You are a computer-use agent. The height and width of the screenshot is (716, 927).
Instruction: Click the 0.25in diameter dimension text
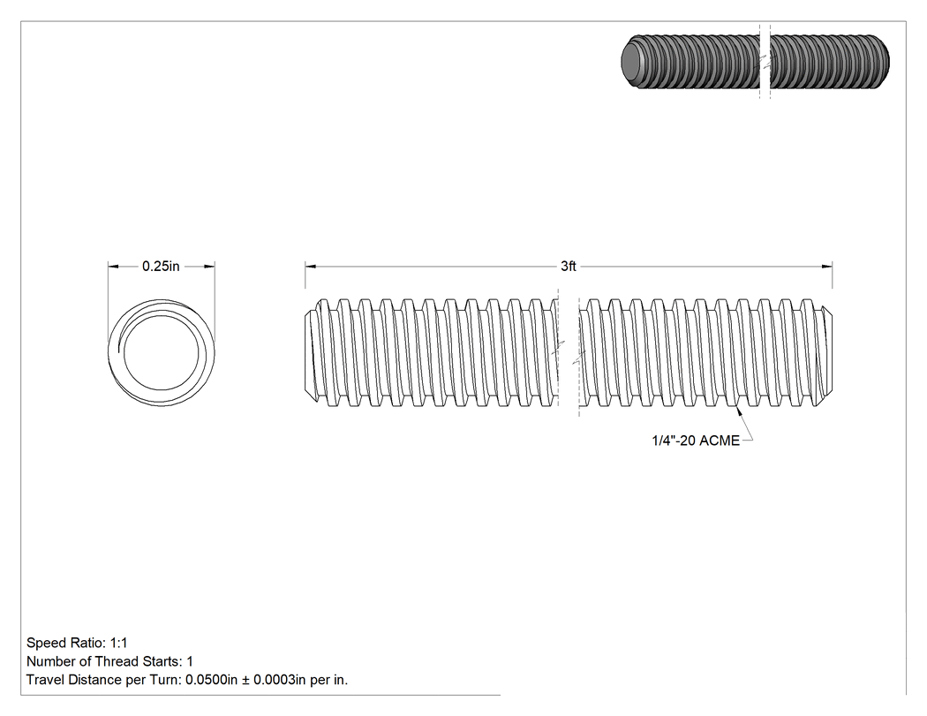pos(161,266)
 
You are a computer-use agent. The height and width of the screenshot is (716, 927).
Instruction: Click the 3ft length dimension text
pos(569,266)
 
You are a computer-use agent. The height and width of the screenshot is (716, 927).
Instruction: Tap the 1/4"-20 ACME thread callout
pos(696,441)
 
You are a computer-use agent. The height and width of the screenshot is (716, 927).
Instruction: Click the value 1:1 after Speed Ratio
pos(118,643)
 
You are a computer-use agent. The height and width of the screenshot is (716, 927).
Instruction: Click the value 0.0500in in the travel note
pos(211,679)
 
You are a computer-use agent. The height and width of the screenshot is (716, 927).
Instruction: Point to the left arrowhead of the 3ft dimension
pos(311,266)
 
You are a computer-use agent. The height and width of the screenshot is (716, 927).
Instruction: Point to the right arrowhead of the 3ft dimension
pos(826,266)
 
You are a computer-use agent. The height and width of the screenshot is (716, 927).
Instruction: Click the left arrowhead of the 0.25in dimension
pos(114,266)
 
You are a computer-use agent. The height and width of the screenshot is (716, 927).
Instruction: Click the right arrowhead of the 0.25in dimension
pos(208,266)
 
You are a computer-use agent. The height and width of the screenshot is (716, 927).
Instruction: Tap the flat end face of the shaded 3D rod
pos(633,61)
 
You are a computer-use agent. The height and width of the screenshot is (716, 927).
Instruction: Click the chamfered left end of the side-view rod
pos(310,352)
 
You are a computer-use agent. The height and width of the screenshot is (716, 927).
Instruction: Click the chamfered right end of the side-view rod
pos(827,352)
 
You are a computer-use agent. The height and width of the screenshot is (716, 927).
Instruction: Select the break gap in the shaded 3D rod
pos(765,61)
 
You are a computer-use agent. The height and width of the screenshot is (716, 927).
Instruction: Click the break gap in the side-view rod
pos(569,352)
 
